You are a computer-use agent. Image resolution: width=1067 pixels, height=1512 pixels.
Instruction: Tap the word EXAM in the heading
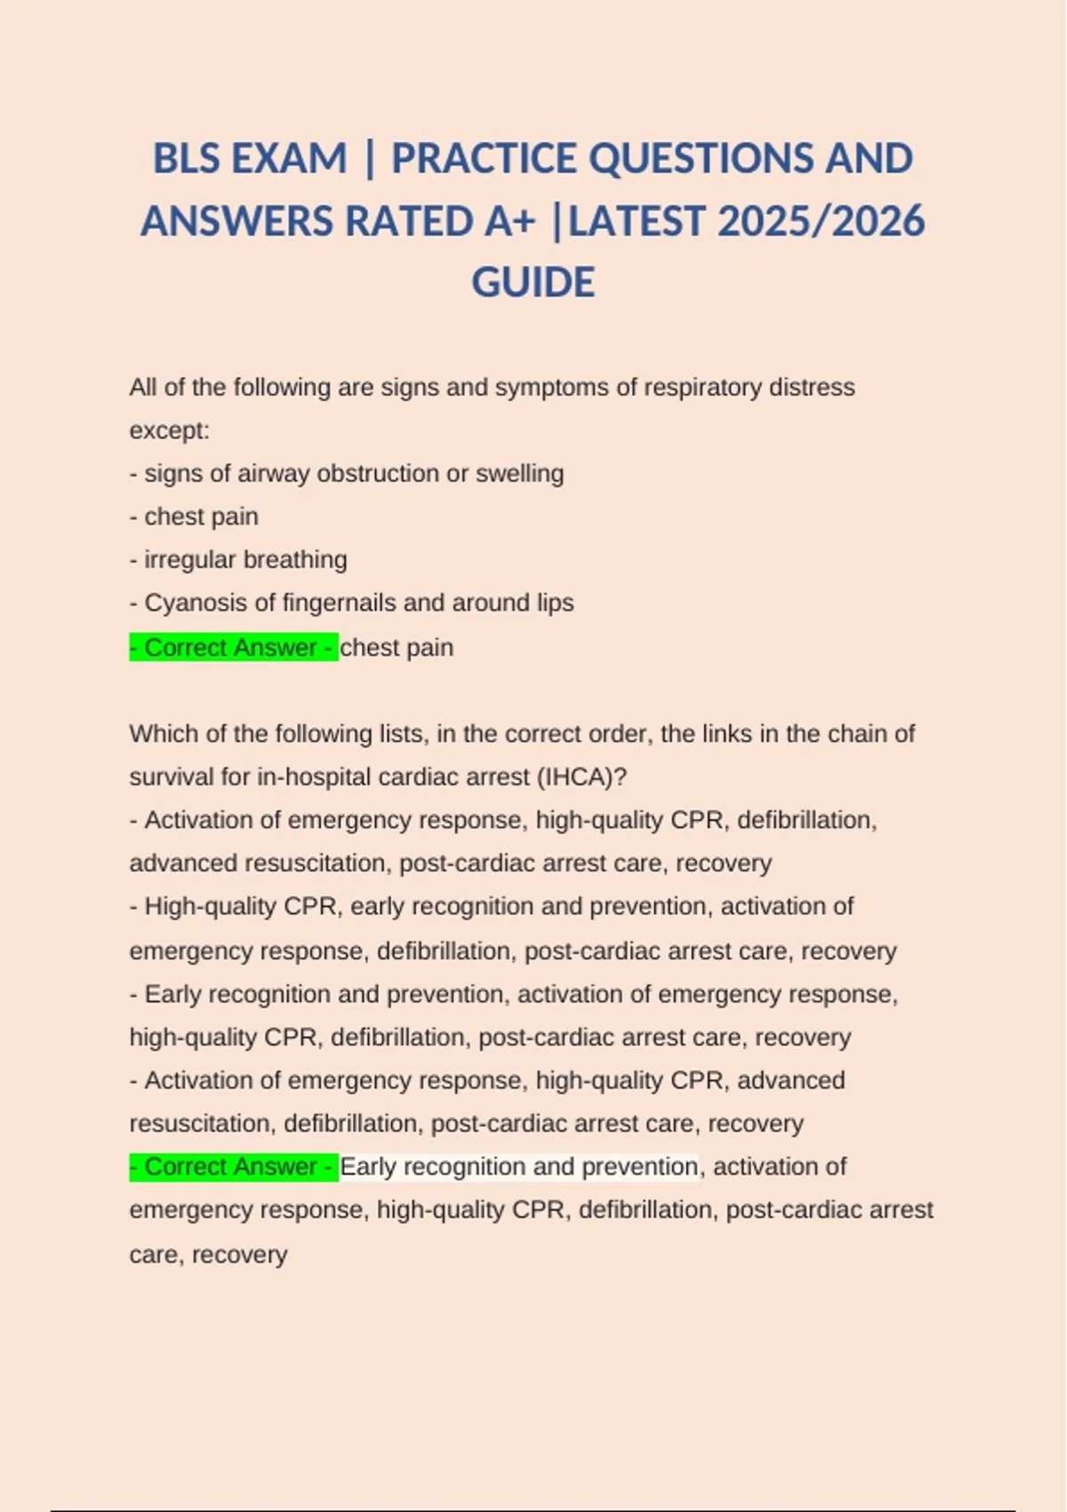[289, 159]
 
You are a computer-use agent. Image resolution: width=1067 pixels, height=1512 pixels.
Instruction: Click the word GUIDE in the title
[533, 283]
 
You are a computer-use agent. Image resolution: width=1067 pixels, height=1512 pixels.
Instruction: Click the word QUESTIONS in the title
[702, 159]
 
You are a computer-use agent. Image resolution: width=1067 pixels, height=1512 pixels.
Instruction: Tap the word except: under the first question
[169, 430]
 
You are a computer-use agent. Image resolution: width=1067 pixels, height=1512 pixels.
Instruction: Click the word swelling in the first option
[519, 473]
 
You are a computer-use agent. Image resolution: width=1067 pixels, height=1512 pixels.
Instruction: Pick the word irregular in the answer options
[190, 559]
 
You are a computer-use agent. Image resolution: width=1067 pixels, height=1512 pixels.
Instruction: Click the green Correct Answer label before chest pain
[233, 647]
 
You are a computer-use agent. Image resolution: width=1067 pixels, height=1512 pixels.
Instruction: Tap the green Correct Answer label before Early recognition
[233, 1167]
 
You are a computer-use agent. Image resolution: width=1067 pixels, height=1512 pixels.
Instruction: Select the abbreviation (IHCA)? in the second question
[582, 777]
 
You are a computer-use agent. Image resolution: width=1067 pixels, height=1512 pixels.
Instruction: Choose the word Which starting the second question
[158, 734]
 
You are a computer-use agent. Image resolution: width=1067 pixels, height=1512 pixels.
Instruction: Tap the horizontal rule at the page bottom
[533, 1510]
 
